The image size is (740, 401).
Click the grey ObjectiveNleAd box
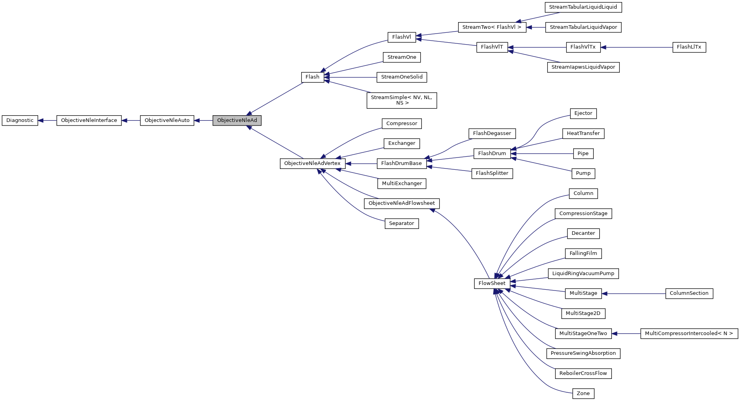click(237, 120)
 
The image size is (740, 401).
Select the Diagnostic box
click(20, 120)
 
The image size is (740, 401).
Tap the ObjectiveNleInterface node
click(89, 120)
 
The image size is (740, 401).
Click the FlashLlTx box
click(689, 47)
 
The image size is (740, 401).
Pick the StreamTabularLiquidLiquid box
click(583, 7)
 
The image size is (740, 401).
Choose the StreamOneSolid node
click(402, 77)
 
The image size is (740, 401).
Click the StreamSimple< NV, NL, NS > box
click(401, 100)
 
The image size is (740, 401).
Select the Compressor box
click(401, 124)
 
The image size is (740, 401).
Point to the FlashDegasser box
click(492, 133)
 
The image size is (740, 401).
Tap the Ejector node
click(583, 113)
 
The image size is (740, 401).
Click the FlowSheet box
click(492, 283)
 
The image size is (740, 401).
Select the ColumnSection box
click(689, 293)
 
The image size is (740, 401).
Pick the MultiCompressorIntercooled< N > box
click(689, 334)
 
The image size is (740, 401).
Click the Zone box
click(583, 394)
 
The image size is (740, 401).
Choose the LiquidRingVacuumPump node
click(583, 274)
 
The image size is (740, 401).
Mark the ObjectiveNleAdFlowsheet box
click(401, 203)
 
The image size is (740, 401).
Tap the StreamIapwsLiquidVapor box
click(583, 67)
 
